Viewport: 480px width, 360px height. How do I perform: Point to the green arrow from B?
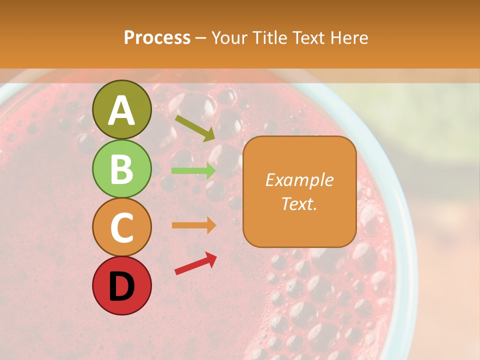(193, 170)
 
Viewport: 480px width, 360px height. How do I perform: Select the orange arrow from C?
(193, 225)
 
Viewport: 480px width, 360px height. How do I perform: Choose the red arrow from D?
(195, 263)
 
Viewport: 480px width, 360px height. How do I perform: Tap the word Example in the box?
(299, 180)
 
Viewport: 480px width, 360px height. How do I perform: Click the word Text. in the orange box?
(299, 203)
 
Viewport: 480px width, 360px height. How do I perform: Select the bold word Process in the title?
(157, 37)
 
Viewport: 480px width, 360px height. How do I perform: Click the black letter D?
(121, 286)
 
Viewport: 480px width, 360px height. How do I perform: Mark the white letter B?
(121, 169)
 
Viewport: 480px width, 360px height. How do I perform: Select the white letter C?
(121, 227)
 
